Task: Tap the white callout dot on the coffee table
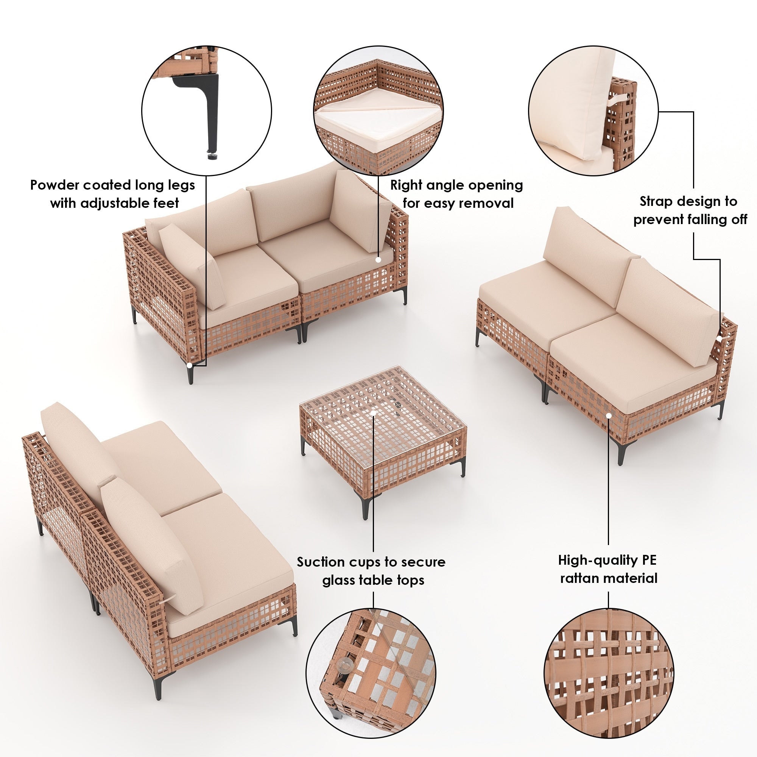(x=374, y=413)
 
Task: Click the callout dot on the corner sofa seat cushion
(x=378, y=259)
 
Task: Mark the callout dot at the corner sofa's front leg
(x=190, y=365)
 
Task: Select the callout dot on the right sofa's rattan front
(x=609, y=414)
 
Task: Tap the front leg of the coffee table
(x=365, y=505)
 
